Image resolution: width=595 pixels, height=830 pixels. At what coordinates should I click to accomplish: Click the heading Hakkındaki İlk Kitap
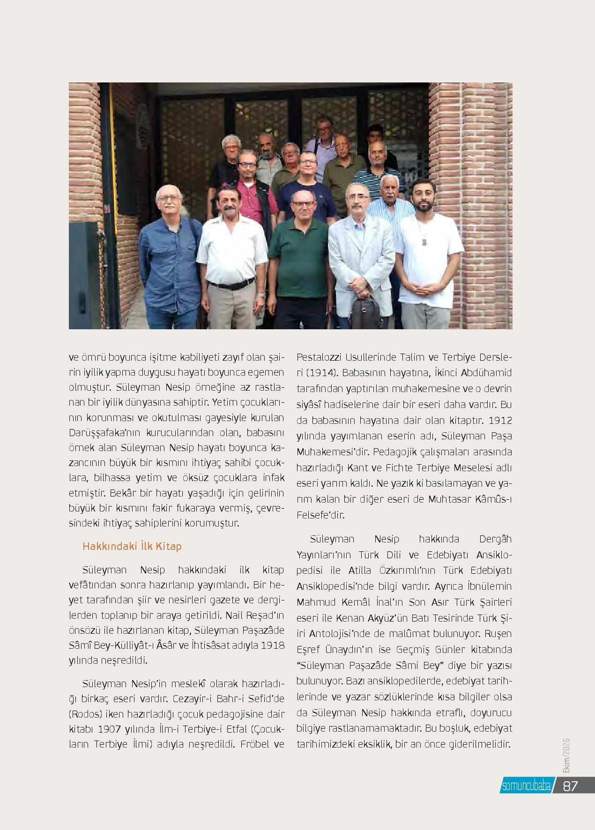tap(132, 546)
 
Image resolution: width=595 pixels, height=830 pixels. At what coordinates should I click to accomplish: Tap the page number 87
tap(571, 786)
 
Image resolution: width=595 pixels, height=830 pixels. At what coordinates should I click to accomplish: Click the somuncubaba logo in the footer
tap(526, 786)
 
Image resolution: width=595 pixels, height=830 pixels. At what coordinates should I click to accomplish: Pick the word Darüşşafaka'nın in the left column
tap(99, 432)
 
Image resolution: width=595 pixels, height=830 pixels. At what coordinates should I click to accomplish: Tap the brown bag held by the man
tap(366, 311)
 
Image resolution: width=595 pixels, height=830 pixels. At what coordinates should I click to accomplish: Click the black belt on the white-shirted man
tap(231, 284)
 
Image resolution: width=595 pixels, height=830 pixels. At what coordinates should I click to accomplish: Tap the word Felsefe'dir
tap(321, 515)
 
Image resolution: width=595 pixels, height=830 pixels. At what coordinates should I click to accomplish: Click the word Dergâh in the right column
tap(495, 539)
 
